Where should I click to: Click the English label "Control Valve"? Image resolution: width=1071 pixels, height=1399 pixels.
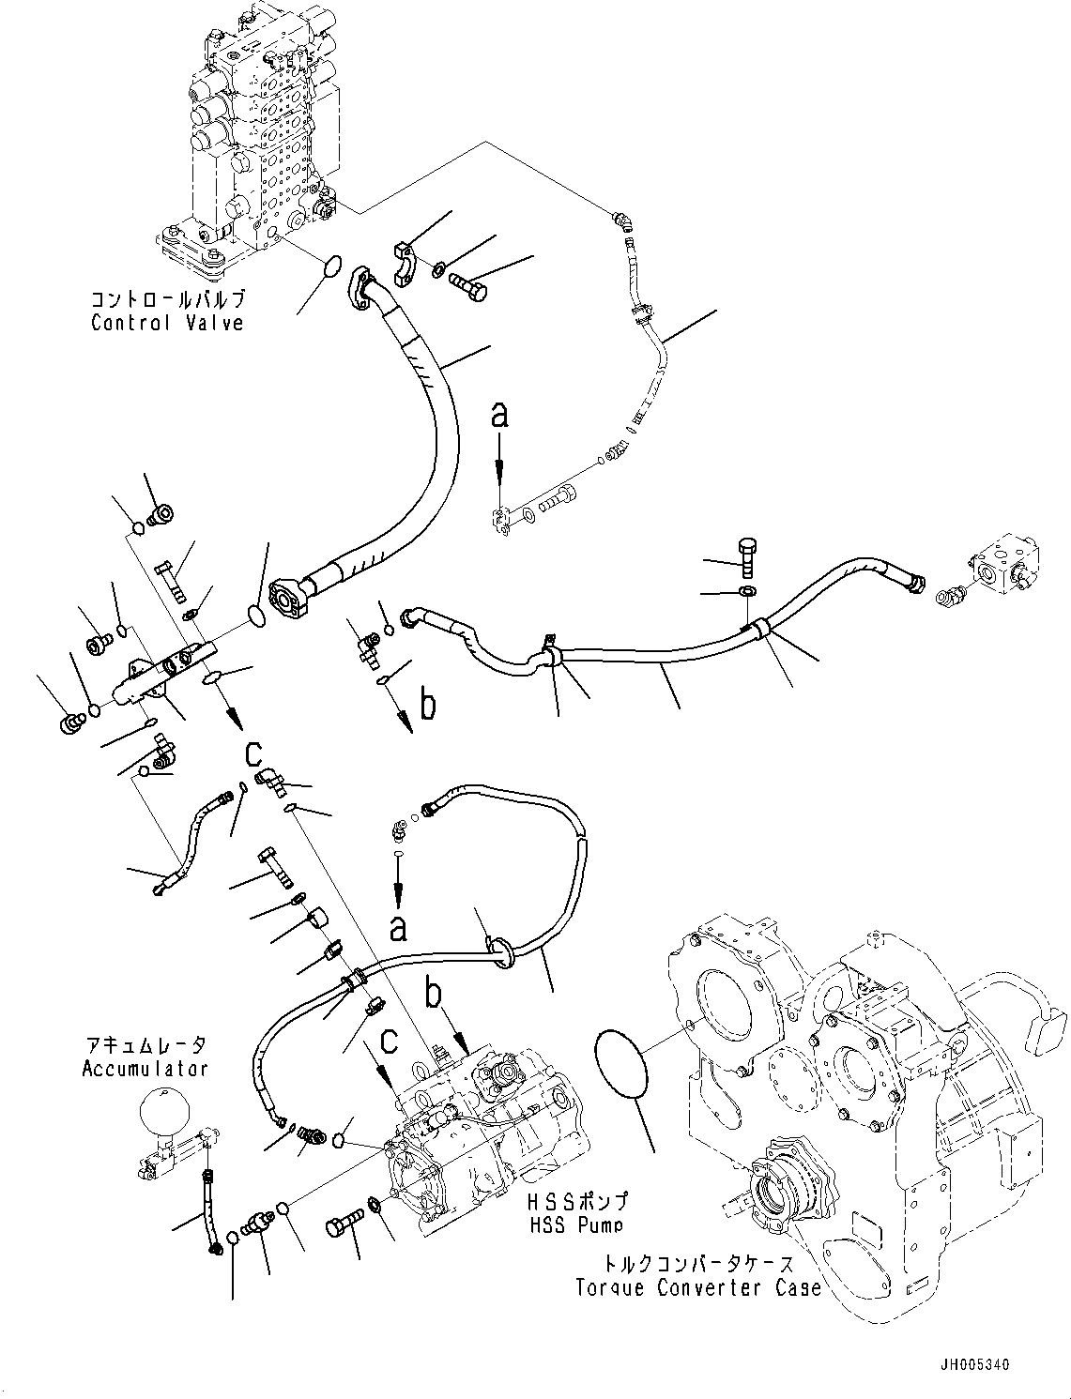point(167,323)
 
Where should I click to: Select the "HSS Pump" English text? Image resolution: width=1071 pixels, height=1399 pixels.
point(575,1224)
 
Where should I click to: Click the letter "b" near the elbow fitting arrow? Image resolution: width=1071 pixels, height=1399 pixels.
point(428,704)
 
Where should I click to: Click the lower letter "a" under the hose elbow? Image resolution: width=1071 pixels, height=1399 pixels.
point(398,929)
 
